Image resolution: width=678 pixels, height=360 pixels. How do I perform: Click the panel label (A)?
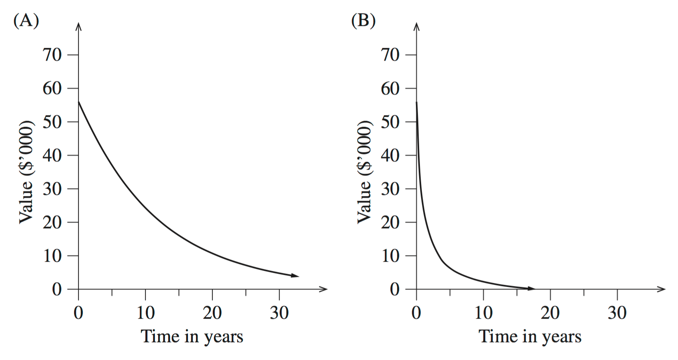[26, 20]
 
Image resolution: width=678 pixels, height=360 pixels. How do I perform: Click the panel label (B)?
[363, 20]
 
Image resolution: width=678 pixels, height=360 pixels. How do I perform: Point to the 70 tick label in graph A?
[52, 55]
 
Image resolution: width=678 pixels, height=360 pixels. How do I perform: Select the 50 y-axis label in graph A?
[52, 121]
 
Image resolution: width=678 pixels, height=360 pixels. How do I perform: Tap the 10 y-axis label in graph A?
[52, 256]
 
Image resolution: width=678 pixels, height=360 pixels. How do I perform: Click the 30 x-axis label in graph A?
[279, 313]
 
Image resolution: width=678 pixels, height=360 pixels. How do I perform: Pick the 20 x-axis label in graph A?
[212, 313]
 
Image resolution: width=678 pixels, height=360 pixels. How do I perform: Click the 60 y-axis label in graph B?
[390, 88]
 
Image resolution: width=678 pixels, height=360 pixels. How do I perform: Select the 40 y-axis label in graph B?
[390, 155]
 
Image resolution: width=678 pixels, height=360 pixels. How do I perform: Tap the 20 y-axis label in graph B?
[390, 222]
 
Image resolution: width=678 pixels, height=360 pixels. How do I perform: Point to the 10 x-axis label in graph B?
[483, 313]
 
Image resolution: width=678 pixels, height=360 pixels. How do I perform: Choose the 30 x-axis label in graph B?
[617, 313]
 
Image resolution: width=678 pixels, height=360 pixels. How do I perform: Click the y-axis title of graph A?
[26, 172]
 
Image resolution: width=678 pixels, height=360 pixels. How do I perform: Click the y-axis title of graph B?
[364, 172]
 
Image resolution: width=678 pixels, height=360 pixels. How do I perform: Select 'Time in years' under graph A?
[192, 337]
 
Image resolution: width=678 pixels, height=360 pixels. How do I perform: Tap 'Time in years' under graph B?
[530, 337]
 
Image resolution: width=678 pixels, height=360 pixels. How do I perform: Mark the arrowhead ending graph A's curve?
[295, 276]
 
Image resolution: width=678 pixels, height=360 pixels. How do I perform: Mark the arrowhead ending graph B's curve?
[531, 288]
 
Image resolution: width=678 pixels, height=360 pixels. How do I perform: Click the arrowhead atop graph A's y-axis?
[78, 26]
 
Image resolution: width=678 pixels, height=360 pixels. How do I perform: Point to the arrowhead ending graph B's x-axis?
[661, 289]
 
